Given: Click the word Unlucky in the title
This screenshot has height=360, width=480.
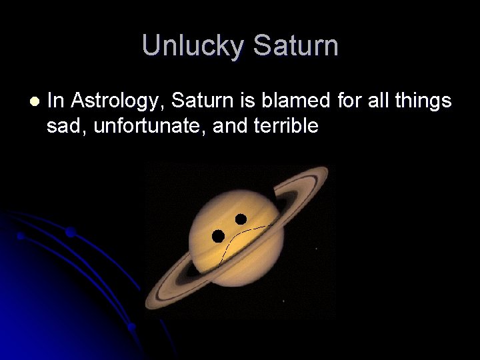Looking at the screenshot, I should click(x=193, y=46).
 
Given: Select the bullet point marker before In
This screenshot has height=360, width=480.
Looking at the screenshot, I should click(x=34, y=101).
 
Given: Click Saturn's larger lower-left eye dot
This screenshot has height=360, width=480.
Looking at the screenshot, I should click(x=218, y=235).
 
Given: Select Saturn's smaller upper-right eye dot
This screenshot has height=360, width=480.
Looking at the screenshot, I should click(x=241, y=219).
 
